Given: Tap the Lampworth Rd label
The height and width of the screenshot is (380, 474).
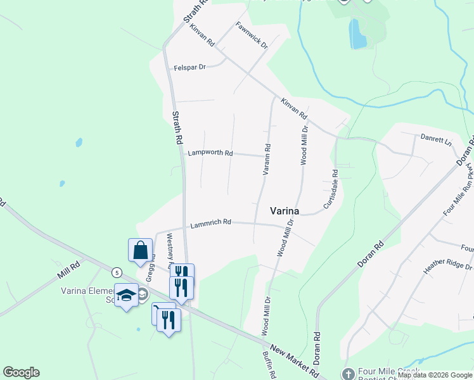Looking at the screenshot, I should (210, 153).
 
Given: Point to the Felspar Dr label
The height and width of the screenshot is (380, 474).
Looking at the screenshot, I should (190, 67).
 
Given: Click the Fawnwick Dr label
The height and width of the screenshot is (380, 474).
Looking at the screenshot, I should (252, 35).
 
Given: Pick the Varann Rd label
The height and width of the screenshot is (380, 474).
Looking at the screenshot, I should (267, 160).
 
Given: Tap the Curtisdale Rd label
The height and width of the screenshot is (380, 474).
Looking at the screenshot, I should (330, 189).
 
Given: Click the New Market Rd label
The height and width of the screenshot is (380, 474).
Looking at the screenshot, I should (294, 360).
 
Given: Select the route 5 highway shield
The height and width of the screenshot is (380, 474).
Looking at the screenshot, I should (117, 272).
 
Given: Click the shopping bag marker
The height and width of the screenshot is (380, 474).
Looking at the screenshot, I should (140, 251).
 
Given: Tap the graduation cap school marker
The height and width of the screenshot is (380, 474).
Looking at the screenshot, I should (127, 295).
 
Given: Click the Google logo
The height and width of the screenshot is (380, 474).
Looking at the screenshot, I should (21, 372).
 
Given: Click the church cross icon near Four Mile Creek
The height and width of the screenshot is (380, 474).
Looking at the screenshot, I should (347, 374).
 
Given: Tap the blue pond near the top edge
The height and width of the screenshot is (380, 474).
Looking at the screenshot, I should (358, 34).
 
